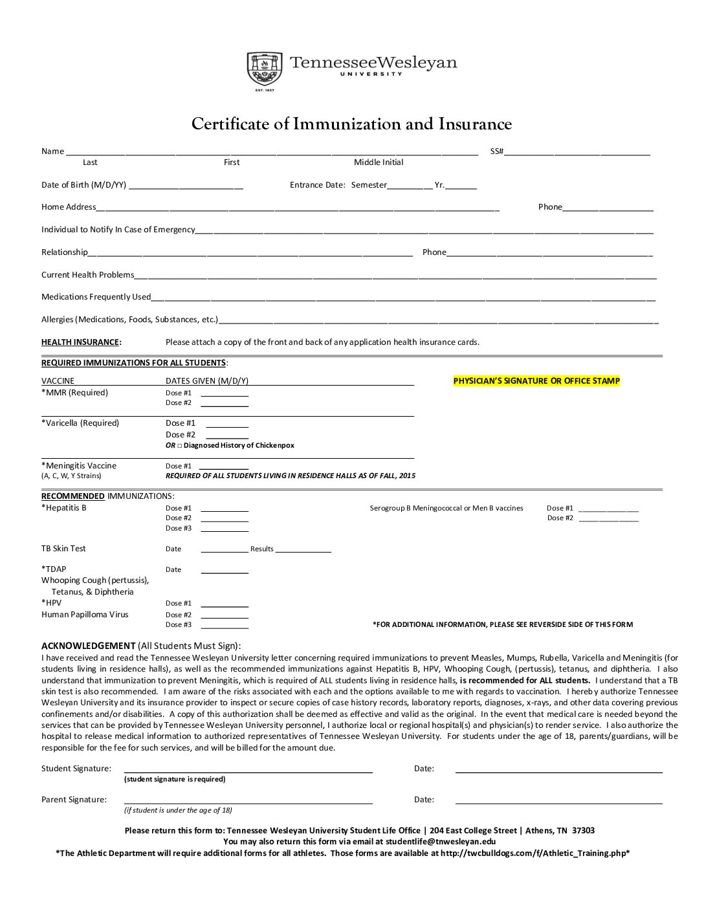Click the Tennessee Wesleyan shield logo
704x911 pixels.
pos(264,69)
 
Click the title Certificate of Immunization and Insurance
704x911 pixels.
pos(351,124)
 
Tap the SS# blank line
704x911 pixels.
pos(577,153)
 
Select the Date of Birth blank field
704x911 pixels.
pos(186,187)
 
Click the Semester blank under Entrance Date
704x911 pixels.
pos(410,187)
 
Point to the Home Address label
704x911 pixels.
pos(69,207)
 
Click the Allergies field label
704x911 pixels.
pos(129,320)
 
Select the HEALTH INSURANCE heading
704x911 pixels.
pos(80,342)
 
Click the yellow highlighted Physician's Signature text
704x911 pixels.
pos(536,381)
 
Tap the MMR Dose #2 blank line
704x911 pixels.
pos(225,404)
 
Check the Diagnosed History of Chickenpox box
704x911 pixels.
pos(180,446)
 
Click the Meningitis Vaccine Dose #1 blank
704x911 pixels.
pos(224,467)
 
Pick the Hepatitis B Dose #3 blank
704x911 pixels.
pos(225,530)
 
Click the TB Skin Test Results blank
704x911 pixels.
pos(303,551)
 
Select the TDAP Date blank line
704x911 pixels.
pos(225,571)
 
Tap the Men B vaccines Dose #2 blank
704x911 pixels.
pos(608,520)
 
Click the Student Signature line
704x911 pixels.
pos(248,771)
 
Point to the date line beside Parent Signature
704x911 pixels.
pos(559,802)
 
